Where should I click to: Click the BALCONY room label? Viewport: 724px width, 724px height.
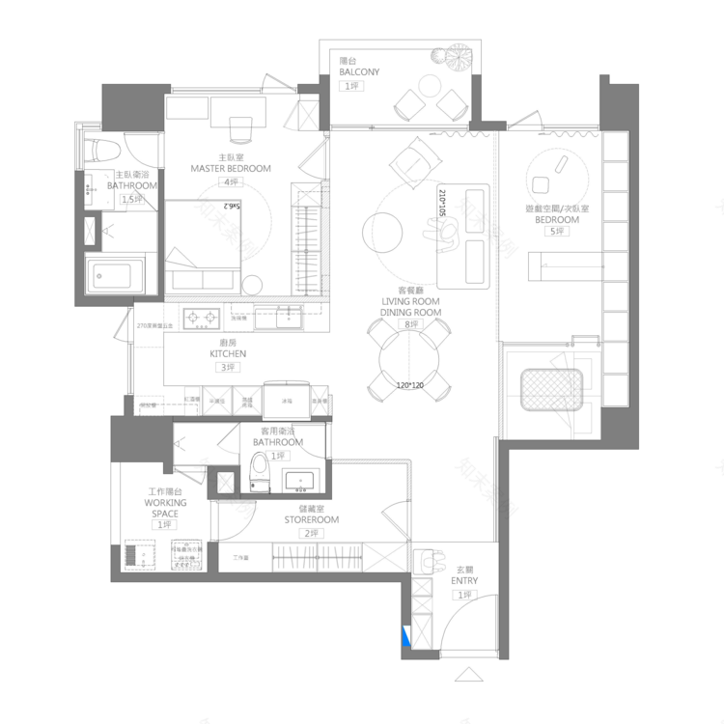click(x=359, y=72)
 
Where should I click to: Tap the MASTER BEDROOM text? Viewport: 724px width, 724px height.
click(x=231, y=169)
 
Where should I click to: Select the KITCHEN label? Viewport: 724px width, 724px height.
click(x=228, y=354)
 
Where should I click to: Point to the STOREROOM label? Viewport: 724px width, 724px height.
click(x=311, y=520)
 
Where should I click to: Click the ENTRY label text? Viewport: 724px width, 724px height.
click(x=464, y=581)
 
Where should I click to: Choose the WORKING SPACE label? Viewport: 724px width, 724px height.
click(x=165, y=509)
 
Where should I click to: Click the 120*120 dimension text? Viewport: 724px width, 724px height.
click(x=410, y=384)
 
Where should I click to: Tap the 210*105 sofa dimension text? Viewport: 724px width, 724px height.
click(x=442, y=209)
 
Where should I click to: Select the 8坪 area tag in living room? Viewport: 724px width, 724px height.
click(x=411, y=325)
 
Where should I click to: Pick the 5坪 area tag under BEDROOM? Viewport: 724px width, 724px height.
click(x=557, y=232)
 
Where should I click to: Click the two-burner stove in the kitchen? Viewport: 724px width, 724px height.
click(x=204, y=316)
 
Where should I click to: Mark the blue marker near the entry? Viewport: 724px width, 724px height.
click(x=408, y=636)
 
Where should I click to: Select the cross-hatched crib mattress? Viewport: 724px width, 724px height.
click(x=549, y=390)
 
